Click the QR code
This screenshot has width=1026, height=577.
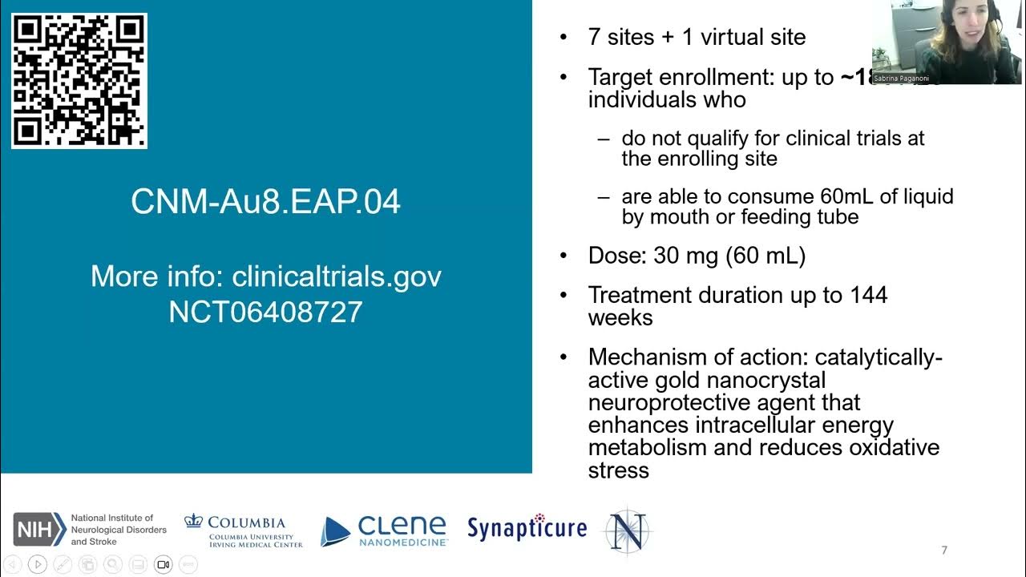(x=79, y=81)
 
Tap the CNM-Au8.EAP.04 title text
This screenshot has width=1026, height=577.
(x=265, y=202)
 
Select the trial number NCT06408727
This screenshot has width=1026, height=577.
(x=265, y=312)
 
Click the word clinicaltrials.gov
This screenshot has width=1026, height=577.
(x=337, y=276)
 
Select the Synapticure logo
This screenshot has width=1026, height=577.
(x=527, y=528)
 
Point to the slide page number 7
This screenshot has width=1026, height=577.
(x=944, y=550)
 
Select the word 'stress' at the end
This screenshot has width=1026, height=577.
(x=618, y=470)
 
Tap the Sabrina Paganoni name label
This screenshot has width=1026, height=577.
(x=907, y=79)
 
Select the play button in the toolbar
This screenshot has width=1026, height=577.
(x=38, y=564)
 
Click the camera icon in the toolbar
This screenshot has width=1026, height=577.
(x=163, y=564)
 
